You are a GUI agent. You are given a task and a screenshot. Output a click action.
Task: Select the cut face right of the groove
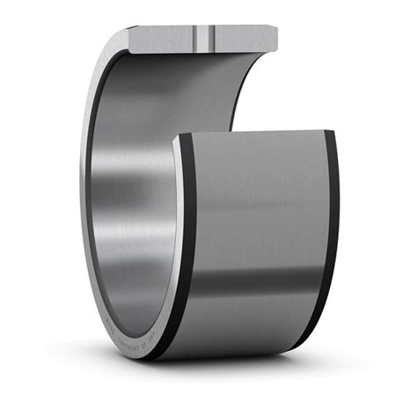pyautogui.click(x=242, y=38)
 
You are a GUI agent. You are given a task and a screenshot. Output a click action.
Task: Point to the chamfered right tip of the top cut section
pyautogui.click(x=274, y=40)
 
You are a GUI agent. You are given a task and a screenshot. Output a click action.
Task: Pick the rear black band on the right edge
pyautogui.click(x=329, y=238)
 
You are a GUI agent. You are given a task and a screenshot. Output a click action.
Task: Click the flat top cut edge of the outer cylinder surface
pyautogui.click(x=255, y=133)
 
